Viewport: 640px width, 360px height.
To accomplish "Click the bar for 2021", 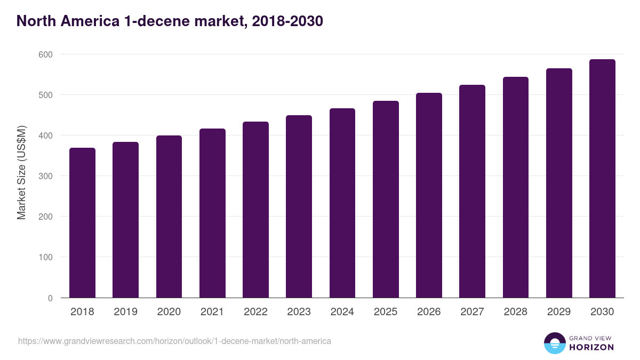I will [212, 213].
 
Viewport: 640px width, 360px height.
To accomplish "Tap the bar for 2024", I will [342, 203].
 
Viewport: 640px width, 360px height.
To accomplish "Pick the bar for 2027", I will [472, 191].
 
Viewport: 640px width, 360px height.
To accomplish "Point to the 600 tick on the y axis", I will [45, 54].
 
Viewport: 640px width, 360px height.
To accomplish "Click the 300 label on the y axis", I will [45, 176].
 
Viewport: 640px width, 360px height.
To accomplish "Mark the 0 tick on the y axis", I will [50, 298].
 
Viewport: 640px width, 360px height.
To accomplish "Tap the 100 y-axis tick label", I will [45, 258].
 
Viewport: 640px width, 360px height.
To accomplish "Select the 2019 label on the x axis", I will [125, 312].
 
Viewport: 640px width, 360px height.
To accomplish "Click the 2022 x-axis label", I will [255, 312].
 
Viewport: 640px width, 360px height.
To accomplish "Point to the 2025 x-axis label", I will [386, 312].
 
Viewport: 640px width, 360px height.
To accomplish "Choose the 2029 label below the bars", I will [559, 312].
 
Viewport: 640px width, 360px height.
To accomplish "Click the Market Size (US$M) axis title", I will [21, 173].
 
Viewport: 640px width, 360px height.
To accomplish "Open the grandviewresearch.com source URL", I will [174, 341].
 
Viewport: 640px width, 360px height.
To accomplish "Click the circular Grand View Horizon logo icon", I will [555, 343].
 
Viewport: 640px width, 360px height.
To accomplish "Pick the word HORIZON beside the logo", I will [591, 347].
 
